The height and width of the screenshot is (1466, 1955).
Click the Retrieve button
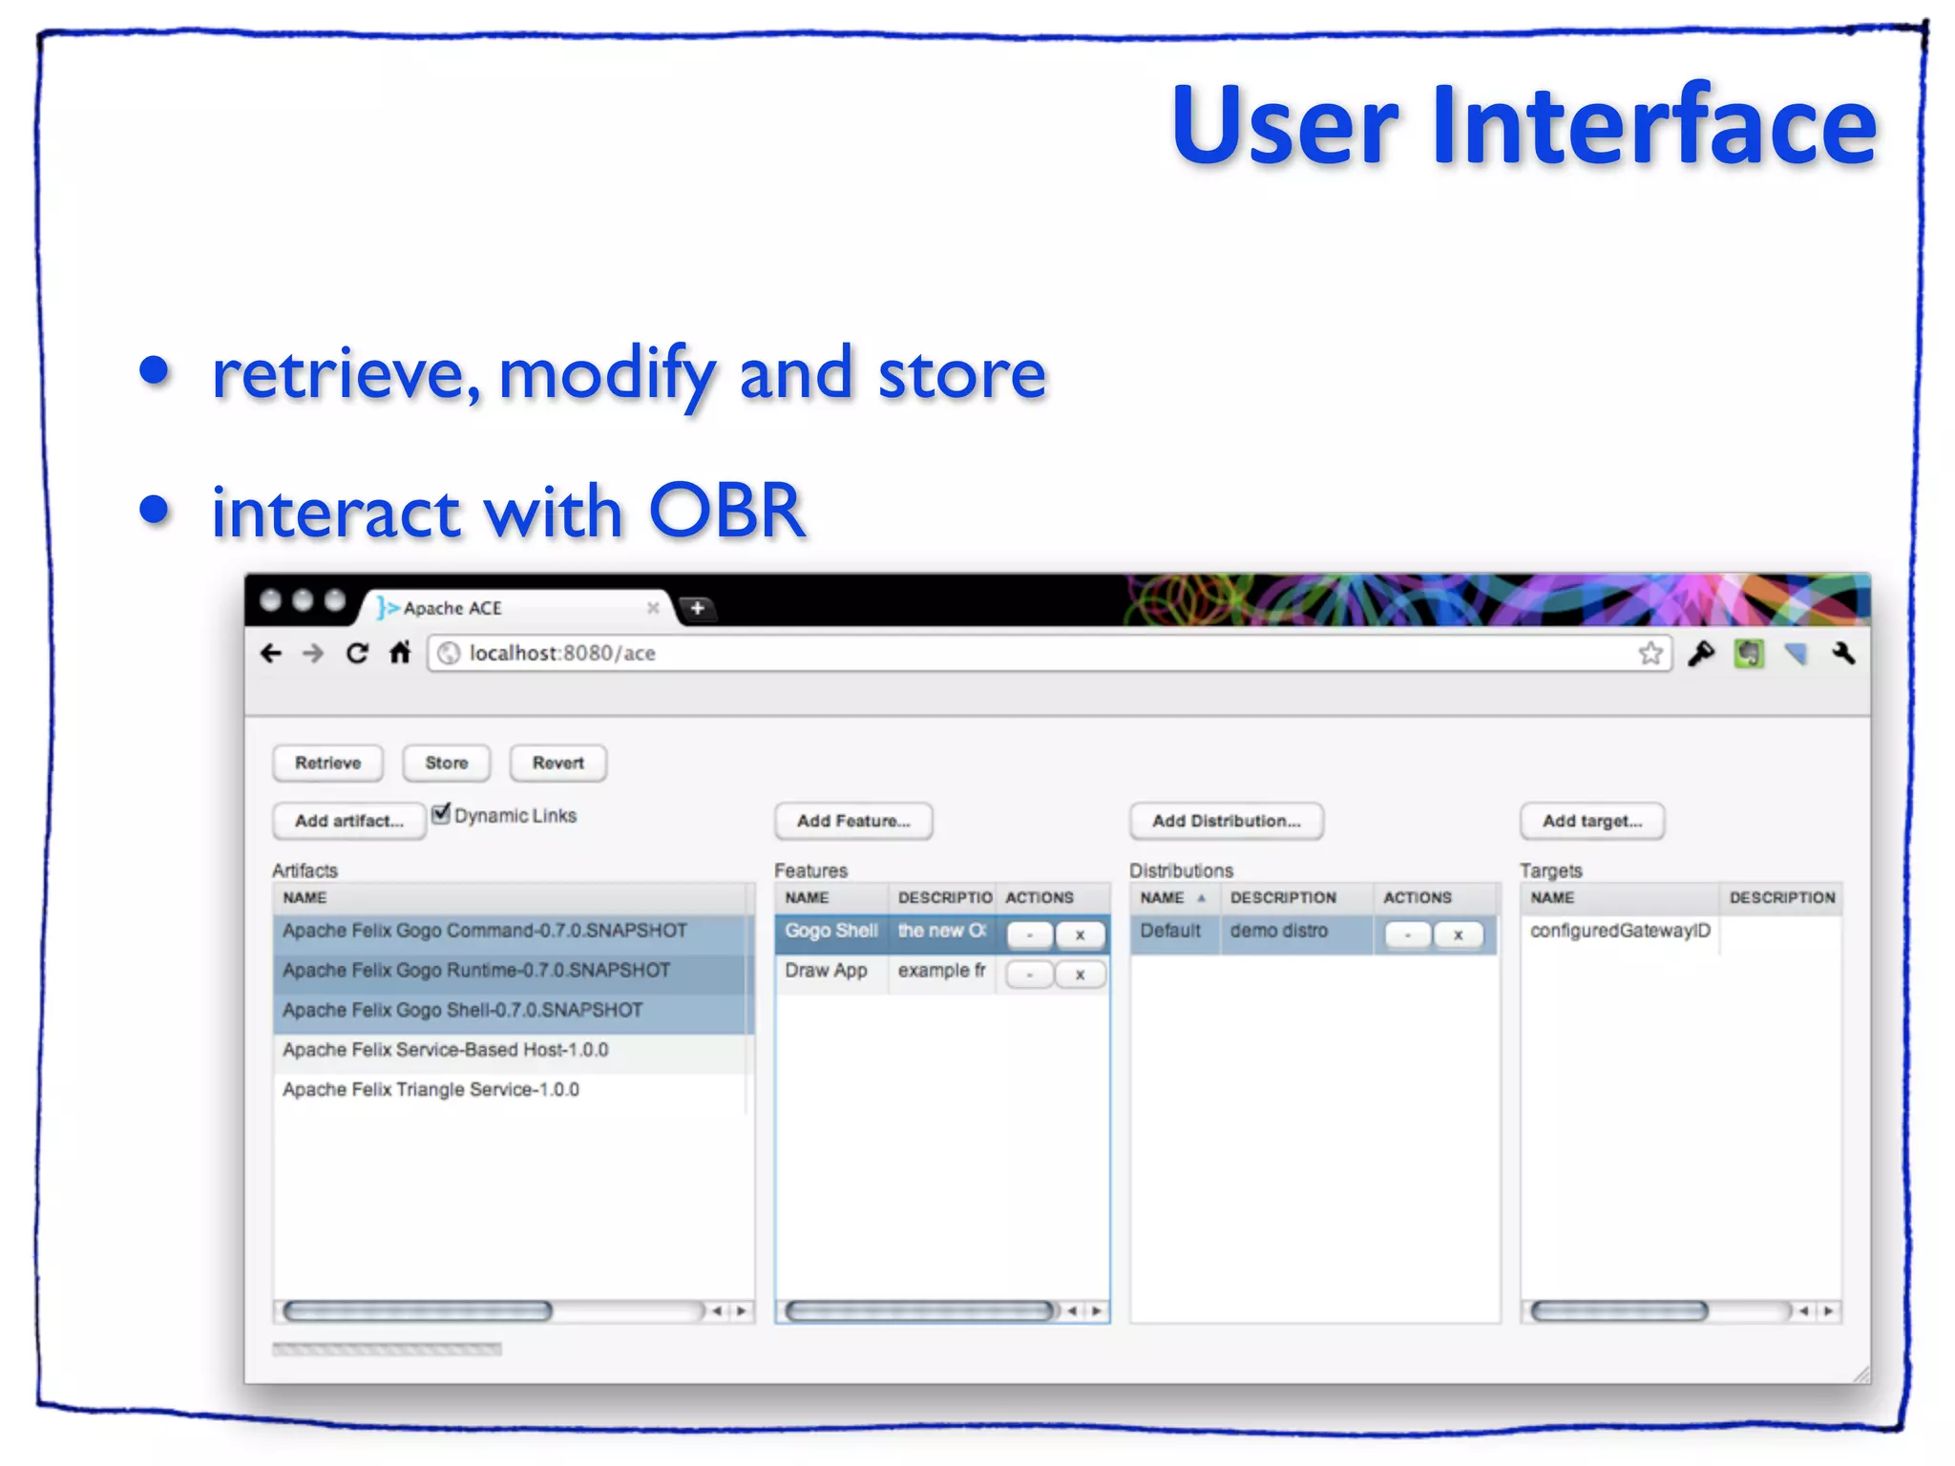point(327,763)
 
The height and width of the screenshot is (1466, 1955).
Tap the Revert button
point(557,763)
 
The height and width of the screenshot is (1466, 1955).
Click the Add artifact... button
point(348,821)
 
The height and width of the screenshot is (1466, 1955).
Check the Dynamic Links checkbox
point(441,814)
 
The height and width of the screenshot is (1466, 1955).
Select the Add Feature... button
point(853,821)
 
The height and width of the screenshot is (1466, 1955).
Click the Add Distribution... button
point(1226,821)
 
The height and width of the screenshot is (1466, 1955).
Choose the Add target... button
point(1591,821)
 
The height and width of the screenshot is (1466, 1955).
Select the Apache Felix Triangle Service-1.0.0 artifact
point(431,1089)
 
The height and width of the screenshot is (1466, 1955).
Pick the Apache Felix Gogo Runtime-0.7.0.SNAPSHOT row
point(476,970)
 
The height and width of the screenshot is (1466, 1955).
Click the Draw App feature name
point(826,971)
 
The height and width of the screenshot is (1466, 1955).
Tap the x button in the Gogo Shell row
point(1080,935)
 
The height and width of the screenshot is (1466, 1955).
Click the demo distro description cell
point(1278,931)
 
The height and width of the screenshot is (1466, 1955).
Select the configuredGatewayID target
point(1620,931)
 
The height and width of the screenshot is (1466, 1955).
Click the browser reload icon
point(357,653)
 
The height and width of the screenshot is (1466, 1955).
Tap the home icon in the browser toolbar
point(400,653)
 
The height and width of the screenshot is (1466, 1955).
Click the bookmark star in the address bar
point(1650,654)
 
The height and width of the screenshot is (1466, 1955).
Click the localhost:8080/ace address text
point(561,654)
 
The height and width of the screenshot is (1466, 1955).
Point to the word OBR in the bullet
point(726,511)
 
